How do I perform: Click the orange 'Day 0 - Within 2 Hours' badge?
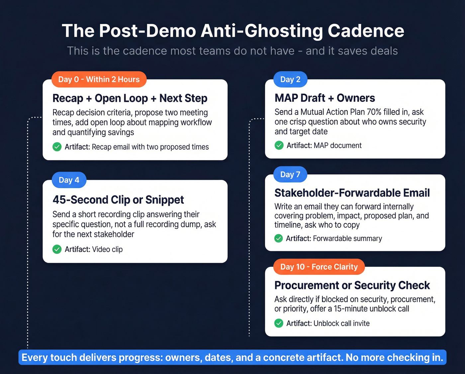[x=99, y=79]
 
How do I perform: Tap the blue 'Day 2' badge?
[x=290, y=79]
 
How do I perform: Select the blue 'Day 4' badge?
[x=69, y=180]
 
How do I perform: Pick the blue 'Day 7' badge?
[x=290, y=174]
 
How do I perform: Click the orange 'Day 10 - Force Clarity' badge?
[x=319, y=267]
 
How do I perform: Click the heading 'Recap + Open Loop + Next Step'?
[x=130, y=98]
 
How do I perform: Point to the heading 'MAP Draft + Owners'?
[x=325, y=98]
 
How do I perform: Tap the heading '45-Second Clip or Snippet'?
[x=118, y=200]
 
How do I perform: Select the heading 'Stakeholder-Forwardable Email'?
[x=352, y=193]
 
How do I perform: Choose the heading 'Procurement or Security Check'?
[x=352, y=285]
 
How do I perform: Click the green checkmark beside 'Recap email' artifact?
[x=57, y=147]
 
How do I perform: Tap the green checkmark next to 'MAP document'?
[x=279, y=145]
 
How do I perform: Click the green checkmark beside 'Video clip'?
[x=57, y=249]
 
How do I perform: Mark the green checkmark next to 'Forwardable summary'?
[x=279, y=238]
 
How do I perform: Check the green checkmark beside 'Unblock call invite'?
[x=279, y=323]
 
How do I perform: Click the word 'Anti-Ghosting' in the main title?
[x=262, y=31]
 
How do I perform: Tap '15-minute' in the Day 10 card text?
[x=350, y=309]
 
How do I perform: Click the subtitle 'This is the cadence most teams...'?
[x=232, y=51]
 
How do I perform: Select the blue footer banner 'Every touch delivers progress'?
[x=232, y=357]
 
